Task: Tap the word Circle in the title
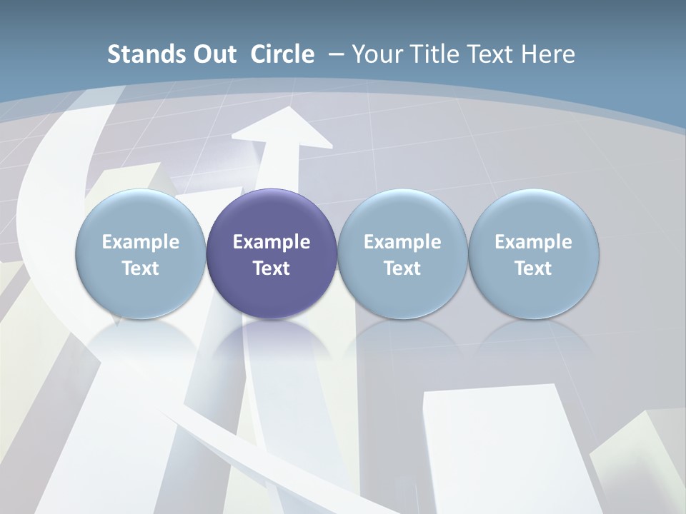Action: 282,54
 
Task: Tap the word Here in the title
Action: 549,54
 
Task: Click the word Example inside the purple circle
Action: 272,242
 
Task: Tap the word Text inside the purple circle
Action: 272,268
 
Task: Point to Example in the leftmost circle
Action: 141,242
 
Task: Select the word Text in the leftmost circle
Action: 141,268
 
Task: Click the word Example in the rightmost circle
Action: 534,242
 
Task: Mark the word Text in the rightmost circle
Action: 534,268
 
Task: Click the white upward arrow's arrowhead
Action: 282,128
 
